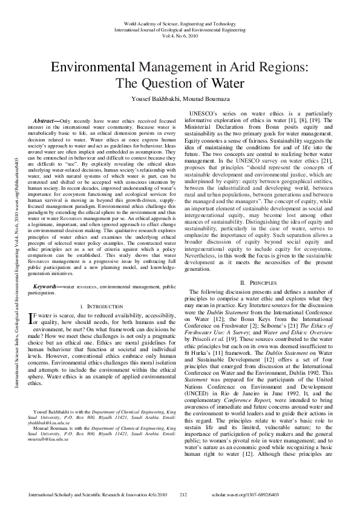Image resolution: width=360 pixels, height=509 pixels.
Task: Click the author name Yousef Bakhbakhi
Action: click(x=153, y=99)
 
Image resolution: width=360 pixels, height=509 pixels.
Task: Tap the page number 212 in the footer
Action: click(x=183, y=494)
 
